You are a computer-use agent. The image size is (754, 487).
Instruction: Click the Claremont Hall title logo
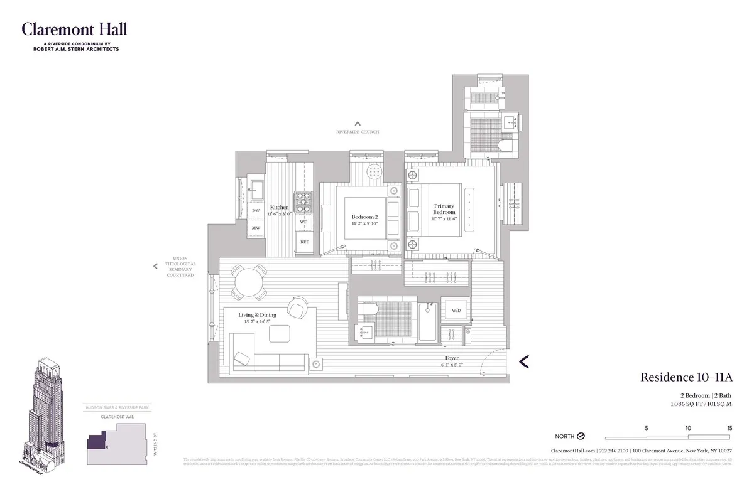point(74,29)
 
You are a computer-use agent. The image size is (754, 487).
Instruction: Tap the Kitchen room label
point(280,208)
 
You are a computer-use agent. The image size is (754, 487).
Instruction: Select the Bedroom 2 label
point(364,217)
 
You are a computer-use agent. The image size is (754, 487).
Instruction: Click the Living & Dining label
point(257,315)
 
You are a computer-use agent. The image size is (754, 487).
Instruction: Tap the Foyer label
point(452,358)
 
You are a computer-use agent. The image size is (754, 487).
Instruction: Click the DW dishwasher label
point(256,211)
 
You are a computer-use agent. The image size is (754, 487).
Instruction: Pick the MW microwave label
point(256,228)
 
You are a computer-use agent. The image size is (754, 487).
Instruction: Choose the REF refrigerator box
point(304,242)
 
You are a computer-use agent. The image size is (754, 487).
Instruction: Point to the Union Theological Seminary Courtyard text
point(180,266)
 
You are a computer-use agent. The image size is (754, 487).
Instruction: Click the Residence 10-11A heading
point(686,377)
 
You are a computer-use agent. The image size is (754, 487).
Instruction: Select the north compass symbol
point(581,436)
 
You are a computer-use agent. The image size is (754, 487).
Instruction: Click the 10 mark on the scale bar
point(689,428)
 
